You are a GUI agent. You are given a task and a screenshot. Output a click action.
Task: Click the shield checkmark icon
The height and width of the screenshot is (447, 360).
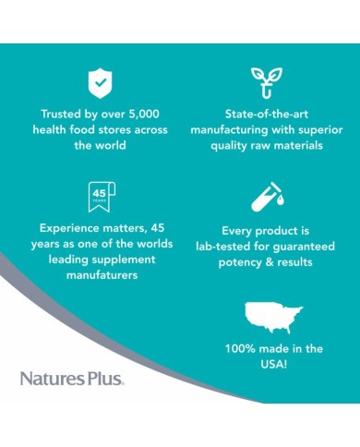[x=100, y=83]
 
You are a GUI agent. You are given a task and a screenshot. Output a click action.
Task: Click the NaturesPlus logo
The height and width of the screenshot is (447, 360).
[x=72, y=377]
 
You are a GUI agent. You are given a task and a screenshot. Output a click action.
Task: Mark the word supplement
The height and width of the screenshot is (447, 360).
[x=116, y=259]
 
